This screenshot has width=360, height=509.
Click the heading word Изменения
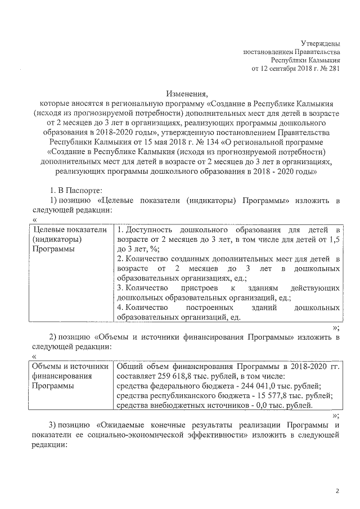[183, 94]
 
